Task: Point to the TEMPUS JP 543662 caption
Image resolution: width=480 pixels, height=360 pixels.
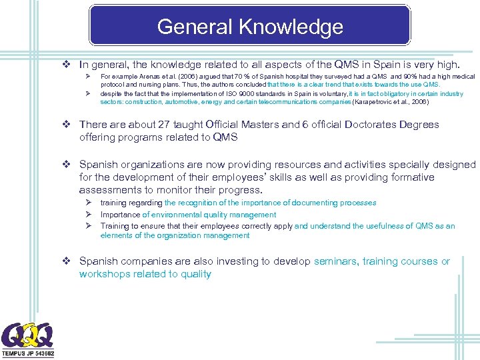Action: [28, 353]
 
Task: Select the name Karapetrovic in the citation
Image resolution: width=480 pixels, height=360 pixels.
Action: [375, 102]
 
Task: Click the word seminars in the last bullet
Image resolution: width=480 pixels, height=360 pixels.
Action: [335, 261]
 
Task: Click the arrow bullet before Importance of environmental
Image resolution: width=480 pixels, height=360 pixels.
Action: [87, 215]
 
